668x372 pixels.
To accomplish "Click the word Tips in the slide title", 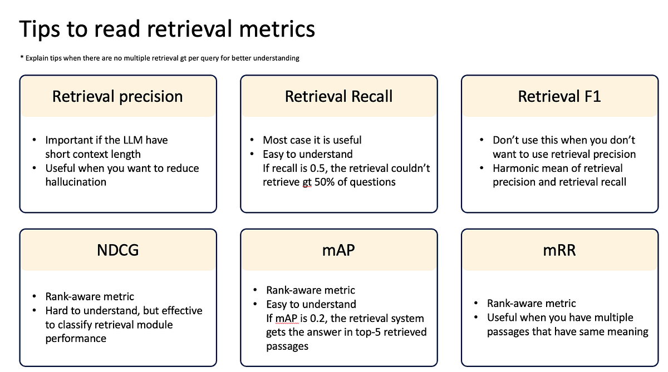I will (40, 29).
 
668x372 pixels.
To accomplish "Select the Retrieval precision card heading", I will (117, 96).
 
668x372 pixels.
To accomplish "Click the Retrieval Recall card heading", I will (338, 96).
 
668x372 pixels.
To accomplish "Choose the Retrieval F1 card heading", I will (559, 96).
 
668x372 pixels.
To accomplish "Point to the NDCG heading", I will (117, 250).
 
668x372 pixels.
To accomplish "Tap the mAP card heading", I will (338, 250).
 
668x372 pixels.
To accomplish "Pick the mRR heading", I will (559, 250).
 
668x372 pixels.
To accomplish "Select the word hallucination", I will (76, 182).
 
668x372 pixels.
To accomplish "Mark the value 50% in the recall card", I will (321, 182).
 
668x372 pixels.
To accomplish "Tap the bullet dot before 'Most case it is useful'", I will (252, 140).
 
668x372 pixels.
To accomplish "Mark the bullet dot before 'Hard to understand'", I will (35, 310).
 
